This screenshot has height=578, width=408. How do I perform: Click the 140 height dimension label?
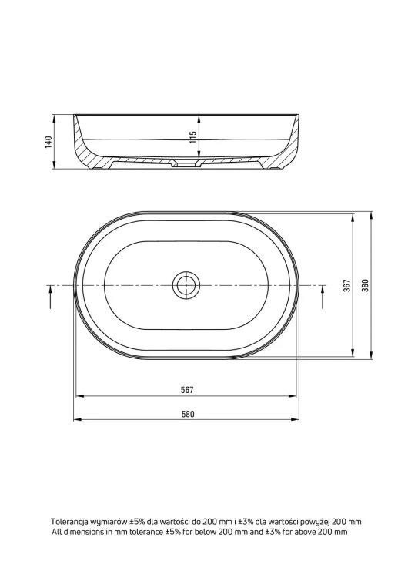(x=48, y=142)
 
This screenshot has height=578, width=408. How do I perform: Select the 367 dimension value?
(x=347, y=286)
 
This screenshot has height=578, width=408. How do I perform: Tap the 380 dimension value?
(x=365, y=286)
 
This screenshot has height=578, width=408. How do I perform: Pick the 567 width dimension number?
(x=187, y=390)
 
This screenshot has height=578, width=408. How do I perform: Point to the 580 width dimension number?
(x=187, y=414)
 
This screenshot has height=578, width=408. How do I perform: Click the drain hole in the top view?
(x=186, y=285)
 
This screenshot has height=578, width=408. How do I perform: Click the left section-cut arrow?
(x=51, y=297)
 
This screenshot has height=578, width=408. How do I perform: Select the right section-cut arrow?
(x=323, y=297)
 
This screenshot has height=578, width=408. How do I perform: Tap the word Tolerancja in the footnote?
(x=69, y=522)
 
